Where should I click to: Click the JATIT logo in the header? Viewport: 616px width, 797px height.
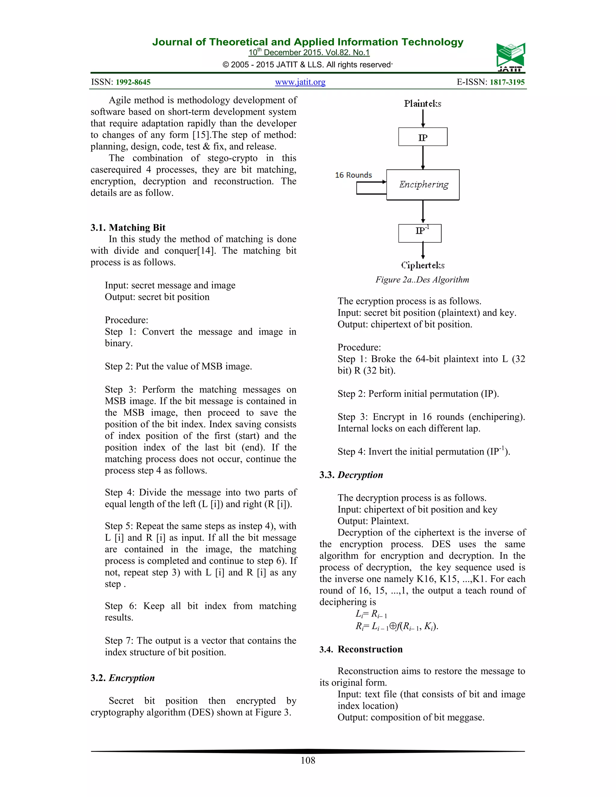(x=510, y=57)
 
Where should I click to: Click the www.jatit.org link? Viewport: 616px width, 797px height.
(x=300, y=82)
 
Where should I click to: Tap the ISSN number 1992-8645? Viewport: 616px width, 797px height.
(x=133, y=82)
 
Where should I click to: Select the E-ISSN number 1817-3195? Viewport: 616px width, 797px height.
(x=507, y=82)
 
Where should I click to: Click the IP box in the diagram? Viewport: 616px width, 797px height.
(x=423, y=137)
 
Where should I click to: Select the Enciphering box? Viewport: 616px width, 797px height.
(x=423, y=185)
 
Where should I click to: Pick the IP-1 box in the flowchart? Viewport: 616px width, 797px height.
(x=420, y=233)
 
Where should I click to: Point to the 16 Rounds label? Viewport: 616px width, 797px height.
(x=353, y=175)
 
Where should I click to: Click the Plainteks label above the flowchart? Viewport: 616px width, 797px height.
(x=423, y=104)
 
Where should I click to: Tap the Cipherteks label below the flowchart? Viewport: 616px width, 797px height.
(x=423, y=265)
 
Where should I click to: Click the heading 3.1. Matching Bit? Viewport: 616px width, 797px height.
(x=128, y=228)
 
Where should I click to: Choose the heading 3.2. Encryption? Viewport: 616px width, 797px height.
(x=123, y=678)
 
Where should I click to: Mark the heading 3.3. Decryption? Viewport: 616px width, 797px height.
(x=351, y=475)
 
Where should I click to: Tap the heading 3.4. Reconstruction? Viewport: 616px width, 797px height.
(x=361, y=649)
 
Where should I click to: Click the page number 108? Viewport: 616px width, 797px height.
(x=308, y=760)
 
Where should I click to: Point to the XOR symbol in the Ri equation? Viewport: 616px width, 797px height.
(x=393, y=626)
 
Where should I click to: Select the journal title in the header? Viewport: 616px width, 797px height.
(x=308, y=42)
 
